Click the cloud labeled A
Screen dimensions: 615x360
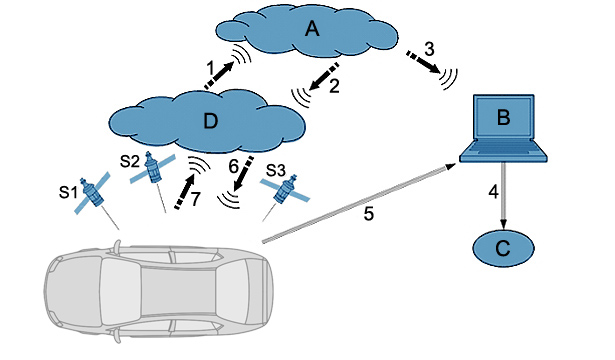pyautogui.click(x=308, y=31)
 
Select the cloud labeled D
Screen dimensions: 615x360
pyautogui.click(x=207, y=121)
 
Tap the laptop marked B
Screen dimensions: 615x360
pyautogui.click(x=503, y=128)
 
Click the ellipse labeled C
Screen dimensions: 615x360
pyautogui.click(x=503, y=248)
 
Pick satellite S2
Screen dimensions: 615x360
pyautogui.click(x=152, y=167)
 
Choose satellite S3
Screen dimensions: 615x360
pyautogui.click(x=285, y=190)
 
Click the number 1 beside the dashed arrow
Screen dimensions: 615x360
pyautogui.click(x=211, y=69)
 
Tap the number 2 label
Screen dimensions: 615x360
pyautogui.click(x=334, y=86)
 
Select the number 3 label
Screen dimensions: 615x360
pyautogui.click(x=429, y=49)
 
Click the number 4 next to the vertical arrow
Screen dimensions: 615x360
pyautogui.click(x=493, y=192)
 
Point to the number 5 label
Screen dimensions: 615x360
pyautogui.click(x=369, y=214)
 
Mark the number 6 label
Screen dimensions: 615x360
pyautogui.click(x=233, y=167)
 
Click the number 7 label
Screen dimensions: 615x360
pyautogui.click(x=196, y=199)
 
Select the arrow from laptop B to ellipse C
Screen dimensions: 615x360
pyautogui.click(x=503, y=196)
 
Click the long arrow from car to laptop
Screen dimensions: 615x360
pyautogui.click(x=359, y=203)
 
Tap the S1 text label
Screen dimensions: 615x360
pyautogui.click(x=67, y=192)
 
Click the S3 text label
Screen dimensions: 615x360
pyautogui.click(x=276, y=170)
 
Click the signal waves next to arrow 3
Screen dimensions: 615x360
pyautogui.click(x=449, y=79)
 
